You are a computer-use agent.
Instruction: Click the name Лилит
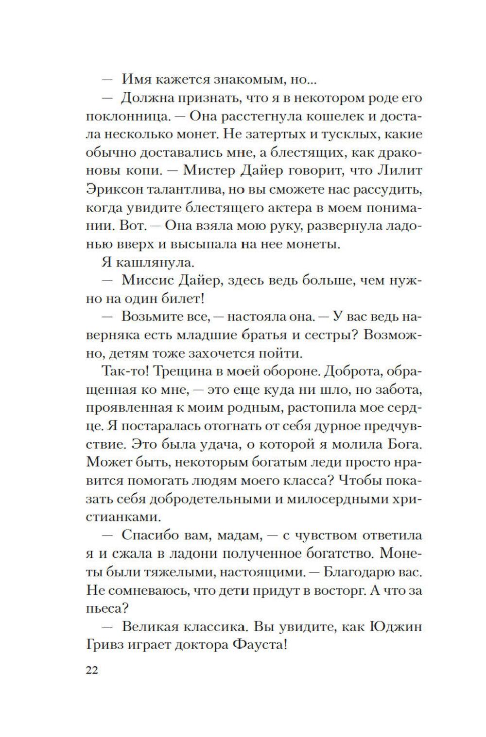402,171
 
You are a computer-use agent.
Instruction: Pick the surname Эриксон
114,189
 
